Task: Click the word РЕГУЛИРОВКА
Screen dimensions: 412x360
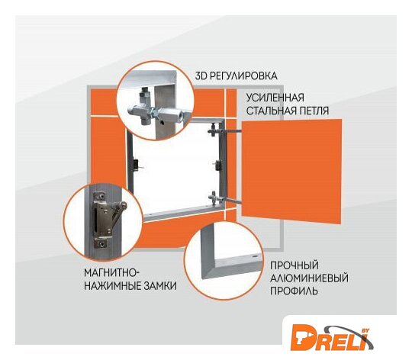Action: [244, 76]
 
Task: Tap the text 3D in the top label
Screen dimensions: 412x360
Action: [201, 76]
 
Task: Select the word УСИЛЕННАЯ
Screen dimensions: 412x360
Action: [275, 98]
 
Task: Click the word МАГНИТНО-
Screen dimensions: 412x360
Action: [111, 272]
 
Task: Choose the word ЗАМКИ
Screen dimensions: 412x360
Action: [159, 286]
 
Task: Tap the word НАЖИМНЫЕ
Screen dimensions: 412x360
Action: [112, 286]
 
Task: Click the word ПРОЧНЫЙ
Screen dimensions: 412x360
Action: [295, 265]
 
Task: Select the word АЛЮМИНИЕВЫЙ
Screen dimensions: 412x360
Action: [309, 278]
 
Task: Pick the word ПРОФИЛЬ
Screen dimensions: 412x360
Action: [294, 291]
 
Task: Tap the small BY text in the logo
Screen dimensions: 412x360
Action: [365, 330]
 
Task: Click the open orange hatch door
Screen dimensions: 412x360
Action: [291, 172]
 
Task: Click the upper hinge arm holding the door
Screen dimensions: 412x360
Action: [226, 130]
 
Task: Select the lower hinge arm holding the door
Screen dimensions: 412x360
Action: [225, 199]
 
